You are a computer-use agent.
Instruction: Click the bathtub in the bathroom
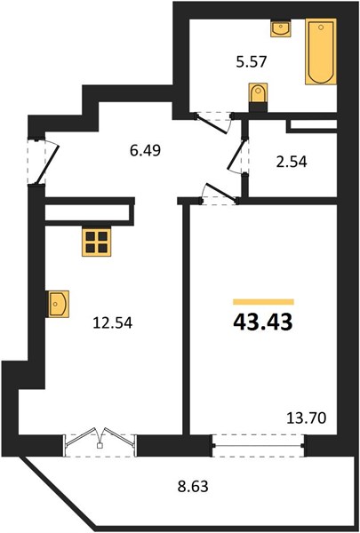point(321,51)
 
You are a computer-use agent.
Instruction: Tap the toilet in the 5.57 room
point(259,97)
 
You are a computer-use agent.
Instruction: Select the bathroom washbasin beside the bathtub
point(281,28)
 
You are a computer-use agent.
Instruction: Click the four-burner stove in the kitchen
point(96,242)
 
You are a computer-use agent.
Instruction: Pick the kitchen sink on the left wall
point(58,304)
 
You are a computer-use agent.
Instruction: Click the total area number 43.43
point(263,322)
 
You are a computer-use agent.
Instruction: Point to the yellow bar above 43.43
point(263,302)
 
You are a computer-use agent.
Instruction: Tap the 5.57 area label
point(252,62)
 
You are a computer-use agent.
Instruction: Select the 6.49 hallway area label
point(145,150)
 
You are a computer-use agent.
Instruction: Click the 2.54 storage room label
point(292,162)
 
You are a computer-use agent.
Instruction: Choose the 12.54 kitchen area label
point(112,322)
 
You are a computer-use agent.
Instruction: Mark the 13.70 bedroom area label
point(307,418)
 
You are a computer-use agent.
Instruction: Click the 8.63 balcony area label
point(193,487)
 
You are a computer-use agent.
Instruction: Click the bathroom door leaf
point(212,123)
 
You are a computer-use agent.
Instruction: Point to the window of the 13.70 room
point(258,445)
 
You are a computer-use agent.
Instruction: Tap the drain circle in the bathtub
point(321,28)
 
